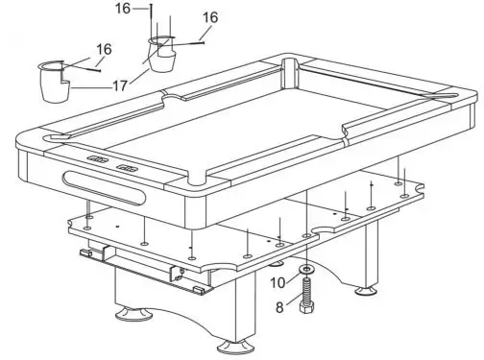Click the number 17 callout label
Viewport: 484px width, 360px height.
click(119, 85)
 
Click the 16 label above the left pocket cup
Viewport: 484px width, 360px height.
click(104, 49)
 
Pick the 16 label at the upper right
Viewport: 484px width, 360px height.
click(209, 17)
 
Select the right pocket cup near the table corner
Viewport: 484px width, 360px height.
click(162, 53)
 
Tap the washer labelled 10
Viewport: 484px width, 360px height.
click(305, 271)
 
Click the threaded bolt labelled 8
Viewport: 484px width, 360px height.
click(306, 289)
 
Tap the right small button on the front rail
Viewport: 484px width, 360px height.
click(127, 167)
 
